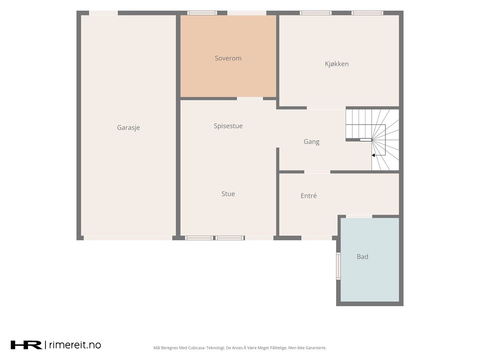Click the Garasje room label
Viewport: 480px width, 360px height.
[x=128, y=127]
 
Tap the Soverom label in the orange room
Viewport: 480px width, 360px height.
[x=228, y=58]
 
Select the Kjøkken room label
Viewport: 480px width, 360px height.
[x=337, y=64]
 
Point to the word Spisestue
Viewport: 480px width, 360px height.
[x=228, y=126]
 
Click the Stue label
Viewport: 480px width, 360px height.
[x=228, y=194]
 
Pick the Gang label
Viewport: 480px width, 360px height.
[x=312, y=142]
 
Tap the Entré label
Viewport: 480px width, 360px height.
[x=308, y=195]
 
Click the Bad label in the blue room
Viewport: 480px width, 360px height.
[x=362, y=256]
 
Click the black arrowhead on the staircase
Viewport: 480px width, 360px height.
[x=373, y=155]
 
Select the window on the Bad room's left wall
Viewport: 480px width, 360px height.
[x=338, y=266]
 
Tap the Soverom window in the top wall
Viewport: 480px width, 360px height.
[x=202, y=13]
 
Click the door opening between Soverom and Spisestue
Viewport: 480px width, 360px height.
[x=250, y=98]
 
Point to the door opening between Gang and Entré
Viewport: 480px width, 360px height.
[x=317, y=172]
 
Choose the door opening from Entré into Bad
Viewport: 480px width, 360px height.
[x=359, y=217]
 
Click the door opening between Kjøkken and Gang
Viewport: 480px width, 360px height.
[x=326, y=108]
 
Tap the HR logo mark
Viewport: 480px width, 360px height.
[x=26, y=345]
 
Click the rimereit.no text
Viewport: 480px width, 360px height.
[x=75, y=345]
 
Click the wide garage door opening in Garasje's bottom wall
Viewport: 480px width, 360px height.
[x=128, y=238]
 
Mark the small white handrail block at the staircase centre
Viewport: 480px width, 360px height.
[x=366, y=140]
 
